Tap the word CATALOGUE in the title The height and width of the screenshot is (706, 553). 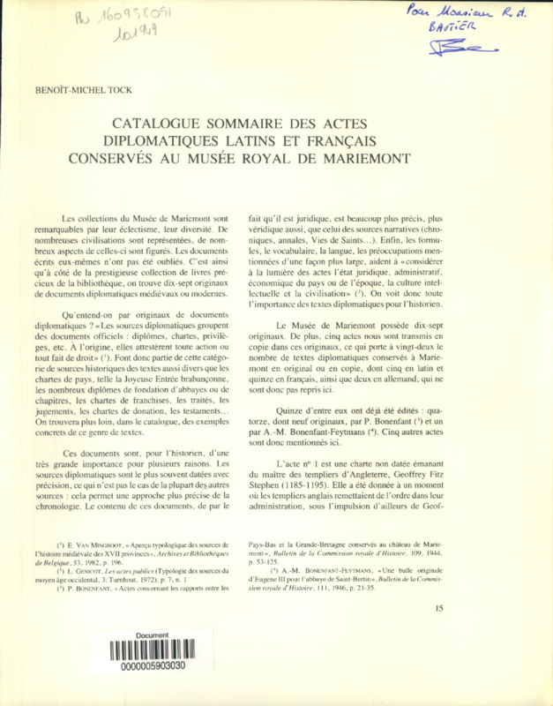[161, 124]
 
